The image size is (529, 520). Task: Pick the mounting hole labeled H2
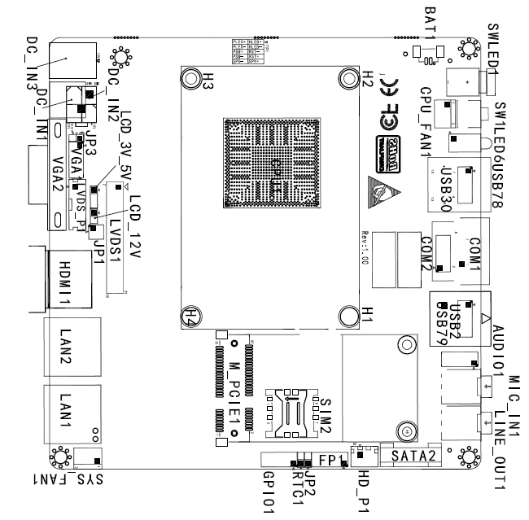[x=350, y=78]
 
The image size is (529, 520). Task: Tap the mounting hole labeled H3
[x=190, y=78]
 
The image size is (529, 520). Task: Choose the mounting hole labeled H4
[x=190, y=316]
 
